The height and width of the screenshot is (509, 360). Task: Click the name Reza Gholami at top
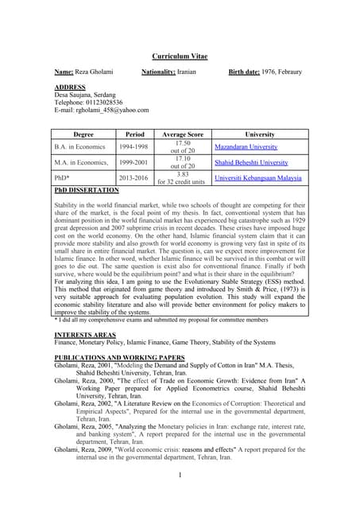point(95,72)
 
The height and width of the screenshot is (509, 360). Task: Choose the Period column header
point(129,134)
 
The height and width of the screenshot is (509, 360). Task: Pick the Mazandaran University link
point(246,147)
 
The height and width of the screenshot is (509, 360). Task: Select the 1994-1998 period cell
point(129,147)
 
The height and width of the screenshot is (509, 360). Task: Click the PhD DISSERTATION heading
point(87,191)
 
